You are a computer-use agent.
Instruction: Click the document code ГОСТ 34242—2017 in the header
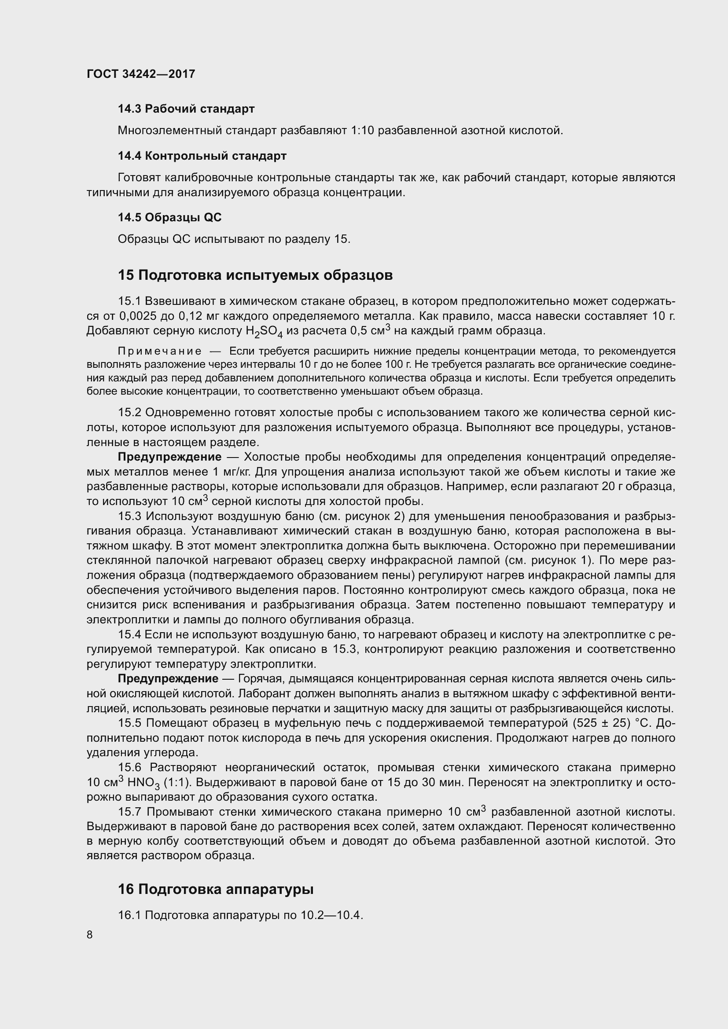click(141, 74)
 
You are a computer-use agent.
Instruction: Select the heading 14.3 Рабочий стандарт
click(186, 109)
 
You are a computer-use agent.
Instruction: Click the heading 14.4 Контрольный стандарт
click(202, 156)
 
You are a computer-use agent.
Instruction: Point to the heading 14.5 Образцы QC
click(169, 217)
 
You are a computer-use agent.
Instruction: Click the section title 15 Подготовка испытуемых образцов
click(255, 275)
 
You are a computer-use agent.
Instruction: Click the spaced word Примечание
click(160, 351)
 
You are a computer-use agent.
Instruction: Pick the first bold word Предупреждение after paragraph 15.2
click(169, 457)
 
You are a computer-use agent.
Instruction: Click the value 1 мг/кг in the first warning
click(233, 472)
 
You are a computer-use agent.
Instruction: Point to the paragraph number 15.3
click(129, 516)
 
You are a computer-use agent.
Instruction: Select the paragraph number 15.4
click(129, 634)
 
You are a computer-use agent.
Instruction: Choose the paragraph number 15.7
click(129, 812)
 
